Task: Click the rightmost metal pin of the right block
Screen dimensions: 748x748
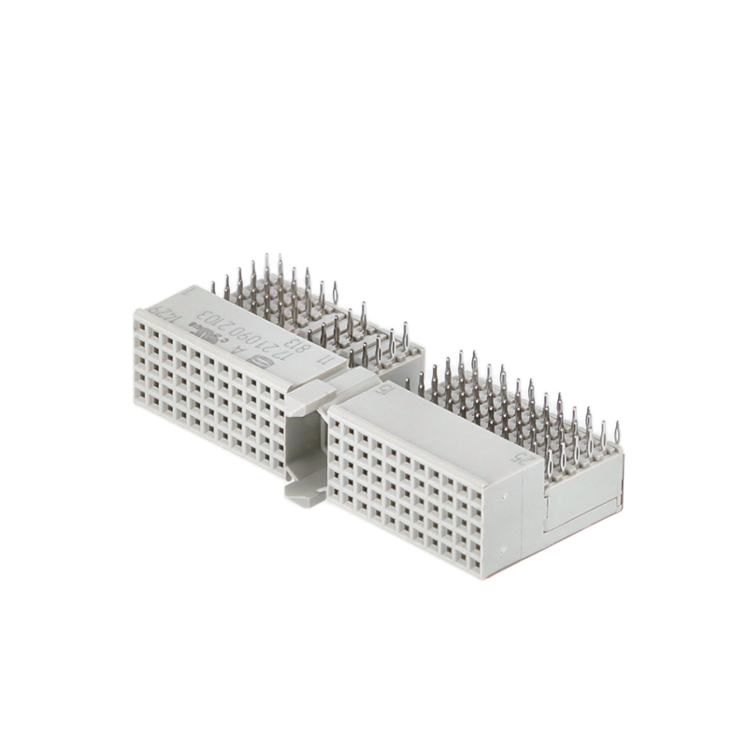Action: pyautogui.click(x=617, y=433)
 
